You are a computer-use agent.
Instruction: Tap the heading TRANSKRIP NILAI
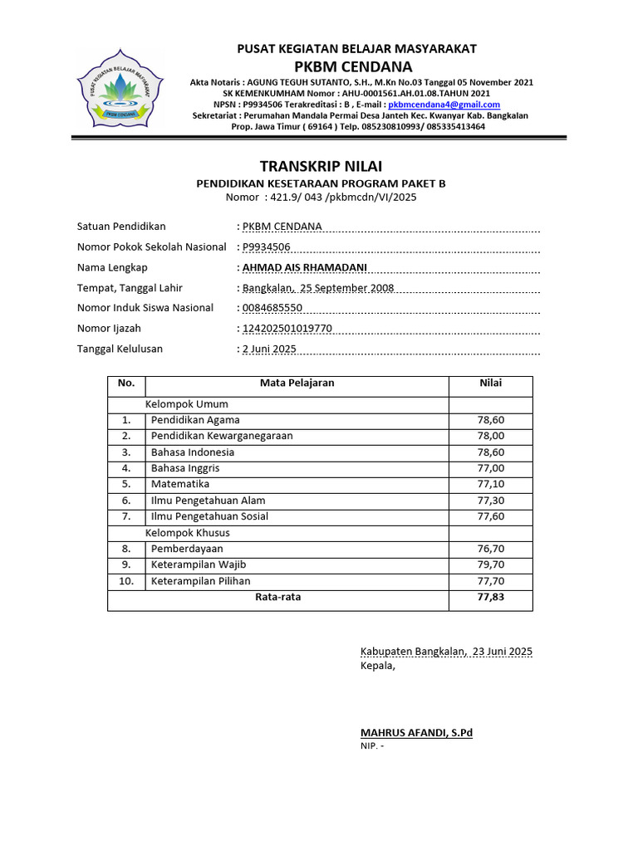tap(321, 166)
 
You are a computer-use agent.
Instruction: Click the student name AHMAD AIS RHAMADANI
tap(304, 267)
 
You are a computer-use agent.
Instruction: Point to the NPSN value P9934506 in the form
tap(267, 247)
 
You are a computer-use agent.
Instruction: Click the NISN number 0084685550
tap(272, 308)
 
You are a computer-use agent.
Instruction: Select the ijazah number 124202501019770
tap(287, 329)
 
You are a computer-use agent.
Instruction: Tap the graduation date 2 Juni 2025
tap(269, 349)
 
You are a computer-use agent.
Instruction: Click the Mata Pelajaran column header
tap(297, 383)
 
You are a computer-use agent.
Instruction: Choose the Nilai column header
tap(490, 383)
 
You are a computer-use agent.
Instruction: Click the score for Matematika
tap(490, 484)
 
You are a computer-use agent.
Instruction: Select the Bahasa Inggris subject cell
tap(185, 468)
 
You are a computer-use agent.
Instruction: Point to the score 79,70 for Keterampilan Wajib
tap(490, 564)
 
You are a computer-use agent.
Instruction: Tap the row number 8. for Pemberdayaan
tap(126, 549)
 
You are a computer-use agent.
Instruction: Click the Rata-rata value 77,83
tap(490, 597)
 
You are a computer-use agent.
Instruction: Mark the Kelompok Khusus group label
tap(188, 532)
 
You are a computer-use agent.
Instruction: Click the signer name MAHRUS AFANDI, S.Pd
tap(416, 732)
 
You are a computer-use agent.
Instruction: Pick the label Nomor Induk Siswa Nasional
tap(145, 308)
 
